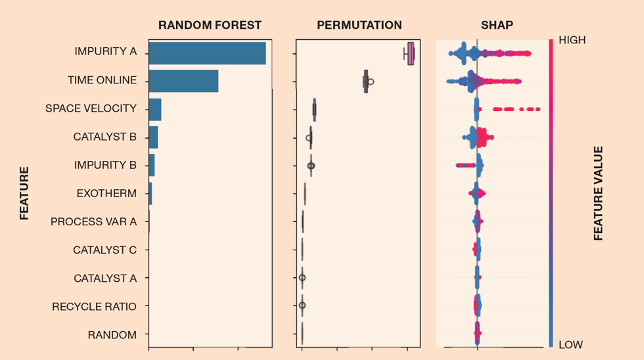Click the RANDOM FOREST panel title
point(210,26)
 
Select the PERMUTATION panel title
point(359,26)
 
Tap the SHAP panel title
point(497,26)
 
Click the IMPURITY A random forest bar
point(207,53)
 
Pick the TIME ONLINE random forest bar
point(183,81)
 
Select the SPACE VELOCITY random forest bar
point(155,110)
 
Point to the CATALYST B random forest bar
point(153,137)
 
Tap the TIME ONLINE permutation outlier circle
point(371,81)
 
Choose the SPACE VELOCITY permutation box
point(314,110)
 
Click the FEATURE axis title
point(24,193)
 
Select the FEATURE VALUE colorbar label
point(598,193)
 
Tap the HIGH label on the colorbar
point(572,40)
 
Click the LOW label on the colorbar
point(570,344)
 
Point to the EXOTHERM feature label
point(106,194)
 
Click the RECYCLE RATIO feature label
point(95,307)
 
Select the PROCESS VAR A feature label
point(93,222)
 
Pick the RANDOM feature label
point(112,335)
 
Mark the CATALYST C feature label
point(105,250)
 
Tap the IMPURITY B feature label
point(105,166)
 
